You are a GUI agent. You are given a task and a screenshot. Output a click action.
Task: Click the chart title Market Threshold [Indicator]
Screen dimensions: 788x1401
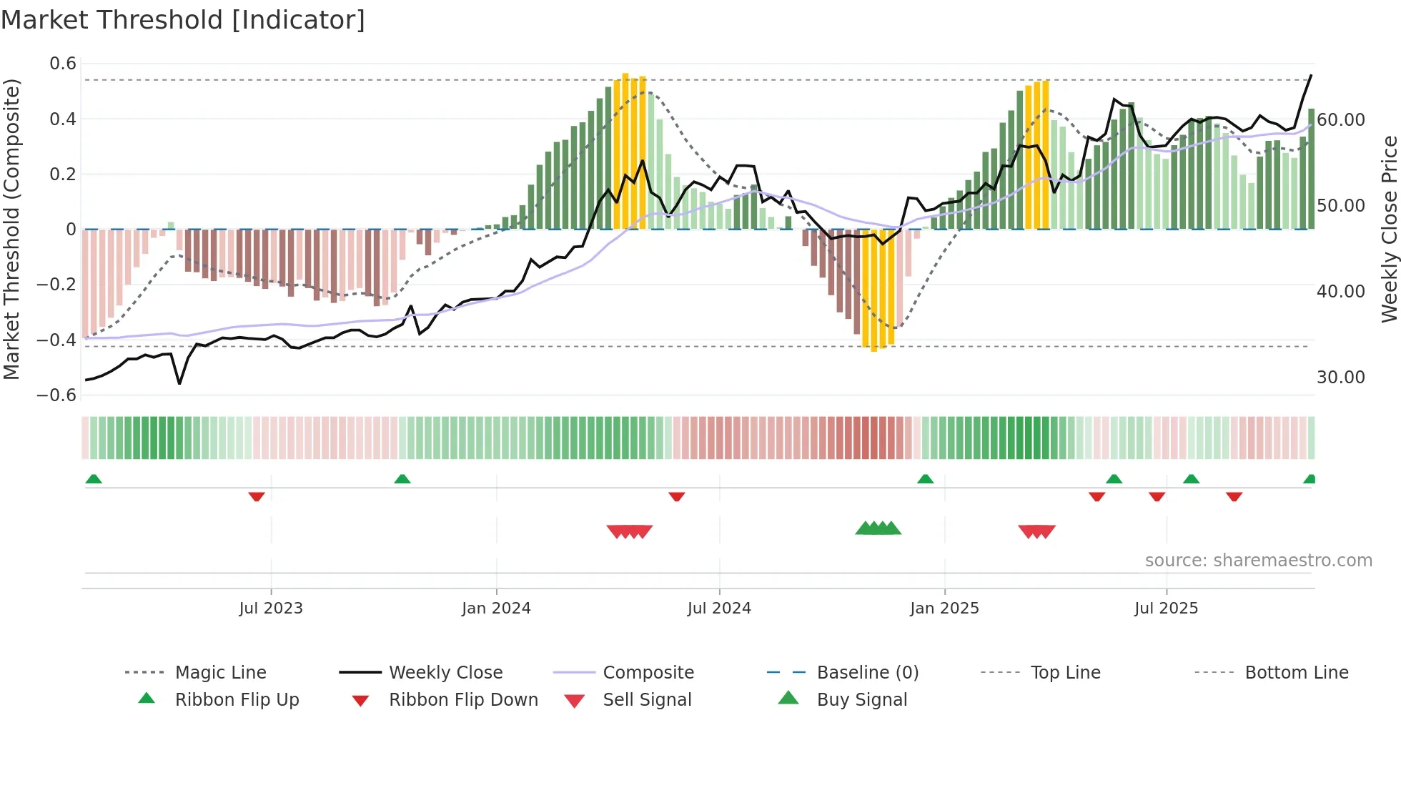[183, 20]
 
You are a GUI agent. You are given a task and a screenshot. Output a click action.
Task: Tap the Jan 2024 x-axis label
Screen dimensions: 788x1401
[496, 608]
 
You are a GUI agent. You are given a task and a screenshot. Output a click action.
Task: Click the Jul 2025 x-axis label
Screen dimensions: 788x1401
[1166, 608]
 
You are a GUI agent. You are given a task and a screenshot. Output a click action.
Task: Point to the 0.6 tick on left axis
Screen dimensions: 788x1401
[63, 64]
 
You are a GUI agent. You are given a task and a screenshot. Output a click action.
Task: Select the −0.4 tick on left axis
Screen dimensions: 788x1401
[56, 340]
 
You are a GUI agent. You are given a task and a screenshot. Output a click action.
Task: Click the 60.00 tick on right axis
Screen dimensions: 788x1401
[1340, 119]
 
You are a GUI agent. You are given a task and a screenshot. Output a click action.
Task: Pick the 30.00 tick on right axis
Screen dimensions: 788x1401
[1340, 377]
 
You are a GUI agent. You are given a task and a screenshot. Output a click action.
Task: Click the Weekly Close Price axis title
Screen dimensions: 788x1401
[1389, 229]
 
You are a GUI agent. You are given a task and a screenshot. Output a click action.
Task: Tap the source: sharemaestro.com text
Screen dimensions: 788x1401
[1258, 560]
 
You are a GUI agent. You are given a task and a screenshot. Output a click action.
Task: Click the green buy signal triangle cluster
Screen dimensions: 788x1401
[878, 528]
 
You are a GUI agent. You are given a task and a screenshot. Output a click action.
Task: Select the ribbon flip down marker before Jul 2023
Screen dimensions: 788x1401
[257, 496]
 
